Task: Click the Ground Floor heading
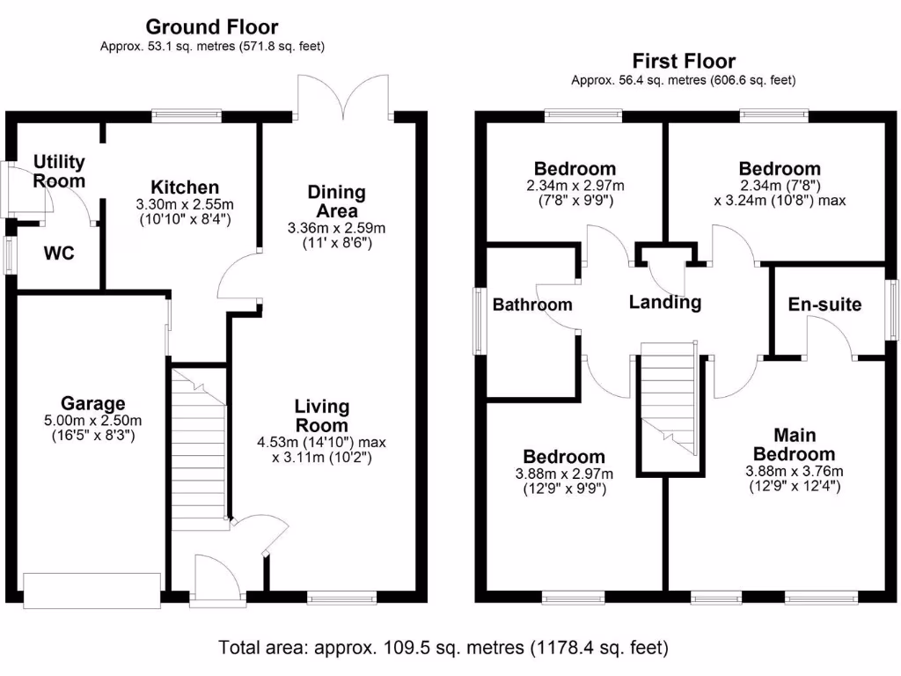click(x=211, y=26)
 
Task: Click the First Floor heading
click(x=684, y=61)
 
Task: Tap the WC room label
click(x=59, y=253)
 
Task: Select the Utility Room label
click(x=59, y=172)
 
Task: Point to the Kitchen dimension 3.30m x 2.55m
click(x=185, y=204)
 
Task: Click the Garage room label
click(x=92, y=403)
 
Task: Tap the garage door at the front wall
click(x=92, y=591)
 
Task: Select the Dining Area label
click(x=337, y=202)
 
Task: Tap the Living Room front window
click(x=342, y=598)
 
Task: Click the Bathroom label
click(x=532, y=304)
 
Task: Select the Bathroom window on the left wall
click(x=480, y=320)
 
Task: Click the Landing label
click(x=665, y=303)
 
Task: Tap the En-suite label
click(x=824, y=304)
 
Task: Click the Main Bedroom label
click(x=795, y=445)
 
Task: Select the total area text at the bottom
click(x=443, y=648)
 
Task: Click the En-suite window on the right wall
click(x=892, y=310)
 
